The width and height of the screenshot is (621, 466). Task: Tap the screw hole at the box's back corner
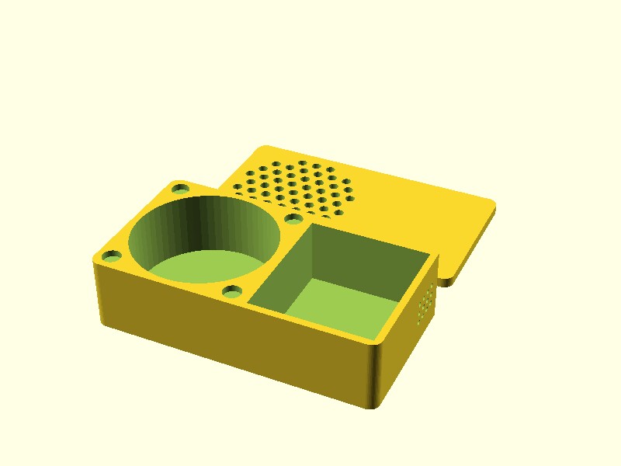[x=180, y=189]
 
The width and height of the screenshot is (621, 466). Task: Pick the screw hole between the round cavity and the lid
[x=293, y=220]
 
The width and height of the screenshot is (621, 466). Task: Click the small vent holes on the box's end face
[x=425, y=303]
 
